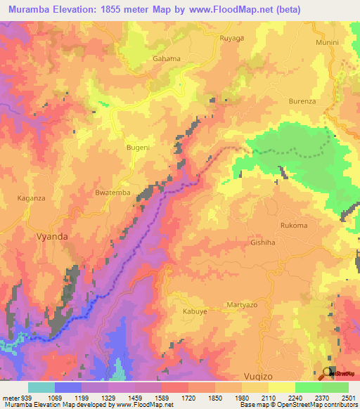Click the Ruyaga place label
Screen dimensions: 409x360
231,38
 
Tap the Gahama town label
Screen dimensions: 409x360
167,59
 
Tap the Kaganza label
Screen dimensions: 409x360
31,198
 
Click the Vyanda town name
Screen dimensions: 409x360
52,237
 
